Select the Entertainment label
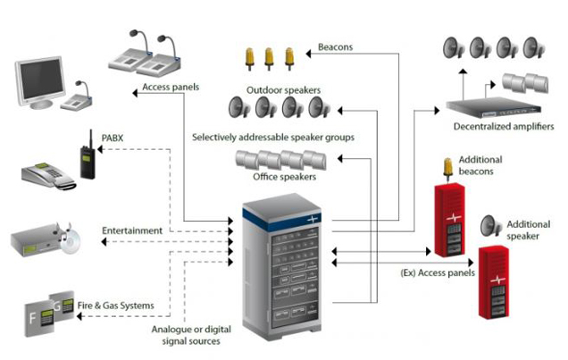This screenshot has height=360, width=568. click(x=132, y=230)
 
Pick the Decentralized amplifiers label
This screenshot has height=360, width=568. click(x=505, y=127)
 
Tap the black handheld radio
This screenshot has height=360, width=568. click(x=88, y=159)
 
